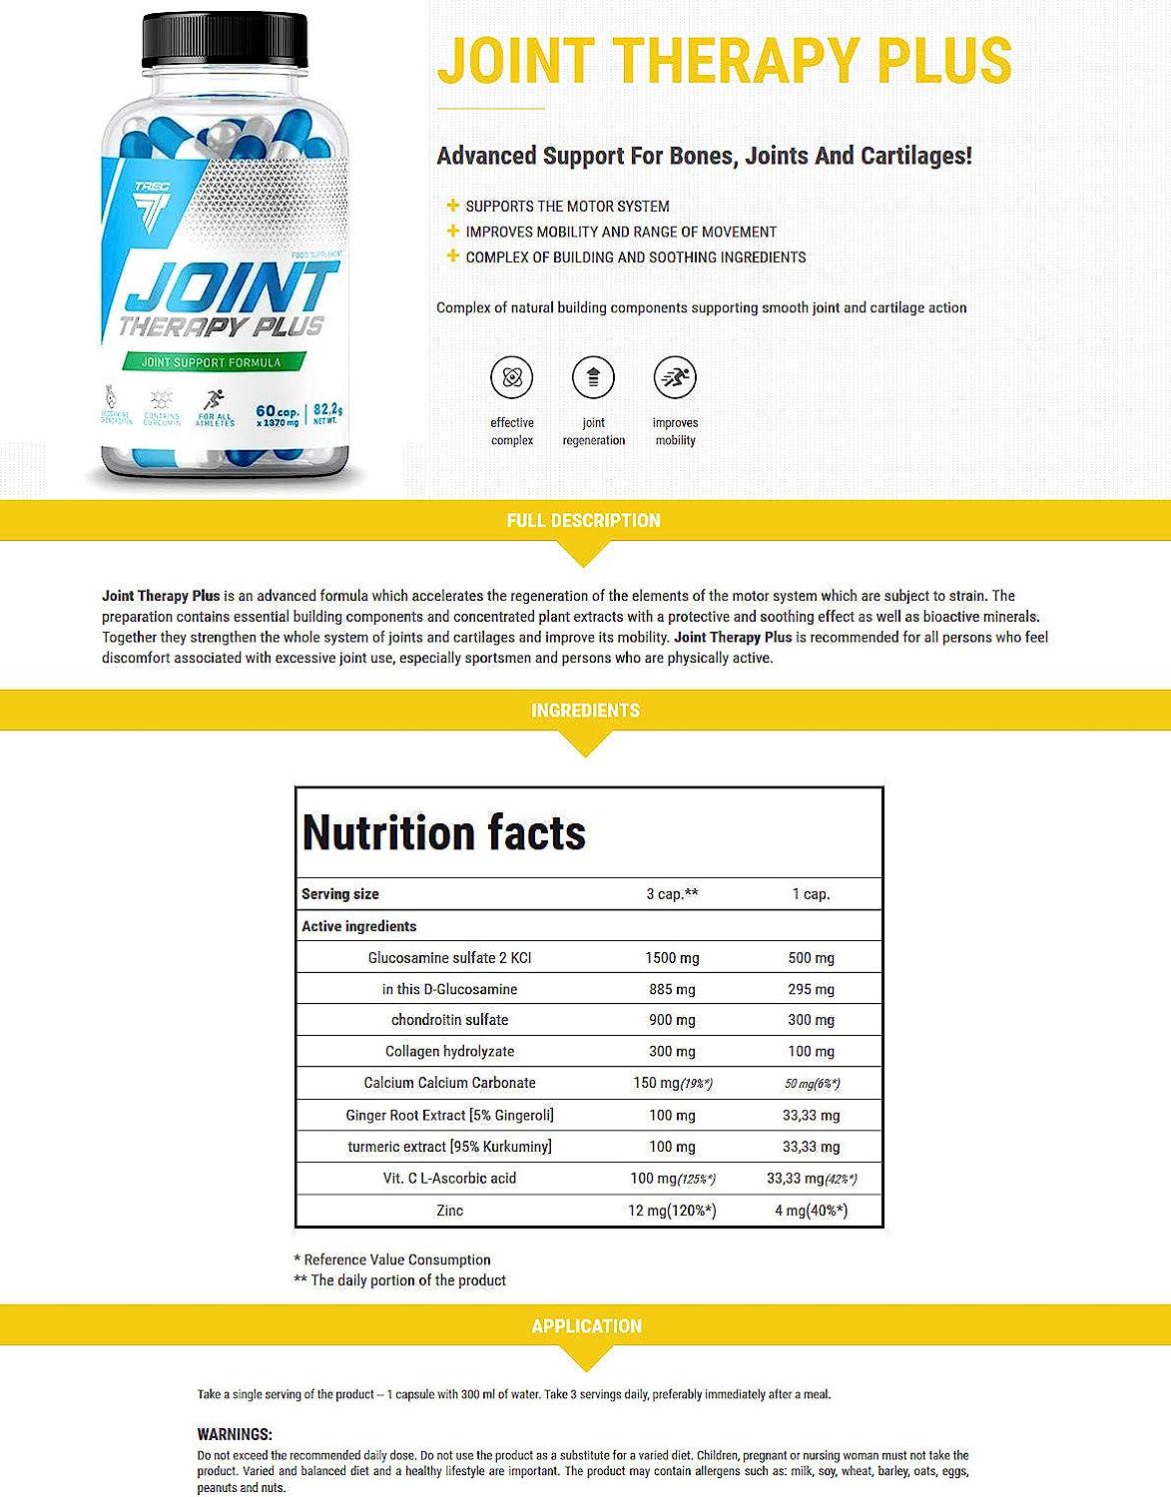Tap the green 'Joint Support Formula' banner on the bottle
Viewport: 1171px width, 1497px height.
pos(213,362)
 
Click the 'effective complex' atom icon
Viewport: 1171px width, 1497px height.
pos(512,377)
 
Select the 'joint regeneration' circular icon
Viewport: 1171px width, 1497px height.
pos(593,377)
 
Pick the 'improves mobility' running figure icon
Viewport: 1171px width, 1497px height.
pos(675,377)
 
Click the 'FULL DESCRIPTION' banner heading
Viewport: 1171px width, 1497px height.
pos(584,520)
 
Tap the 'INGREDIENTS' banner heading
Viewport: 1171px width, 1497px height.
pos(585,711)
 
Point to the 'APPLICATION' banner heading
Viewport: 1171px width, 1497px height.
pos(586,1326)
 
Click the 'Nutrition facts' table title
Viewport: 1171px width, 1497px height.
pos(444,832)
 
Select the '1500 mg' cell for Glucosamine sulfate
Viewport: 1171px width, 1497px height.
pos(672,958)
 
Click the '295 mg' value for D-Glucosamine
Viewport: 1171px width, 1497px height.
pos(811,989)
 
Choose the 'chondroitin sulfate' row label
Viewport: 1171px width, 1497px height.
pos(449,1020)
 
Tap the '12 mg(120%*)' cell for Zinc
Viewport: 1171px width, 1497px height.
pos(672,1211)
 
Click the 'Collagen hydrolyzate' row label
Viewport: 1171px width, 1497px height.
pos(449,1051)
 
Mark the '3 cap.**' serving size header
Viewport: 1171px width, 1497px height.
pos(672,894)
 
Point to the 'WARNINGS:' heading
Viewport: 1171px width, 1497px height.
pos(235,1434)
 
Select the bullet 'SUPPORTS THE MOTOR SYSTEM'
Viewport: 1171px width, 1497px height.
pos(567,207)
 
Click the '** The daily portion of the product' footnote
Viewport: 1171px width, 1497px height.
pos(400,1280)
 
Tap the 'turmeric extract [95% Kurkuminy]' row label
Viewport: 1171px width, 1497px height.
pos(449,1147)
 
